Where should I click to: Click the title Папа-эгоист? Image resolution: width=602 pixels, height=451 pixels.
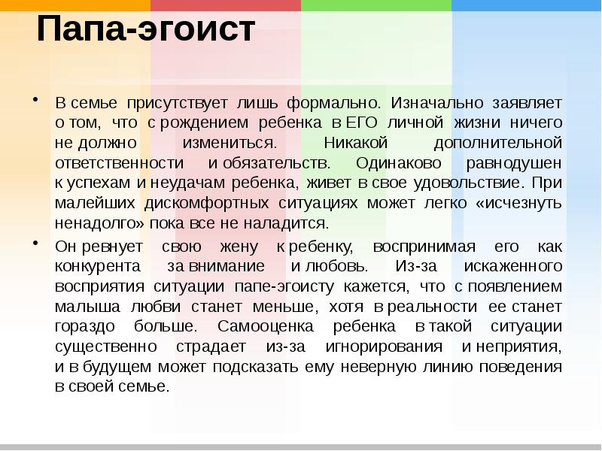(x=147, y=32)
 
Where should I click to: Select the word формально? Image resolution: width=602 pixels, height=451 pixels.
(x=343, y=101)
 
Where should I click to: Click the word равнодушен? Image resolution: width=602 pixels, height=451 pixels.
(x=520, y=162)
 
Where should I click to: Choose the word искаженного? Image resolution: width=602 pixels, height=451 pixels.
(x=515, y=266)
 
